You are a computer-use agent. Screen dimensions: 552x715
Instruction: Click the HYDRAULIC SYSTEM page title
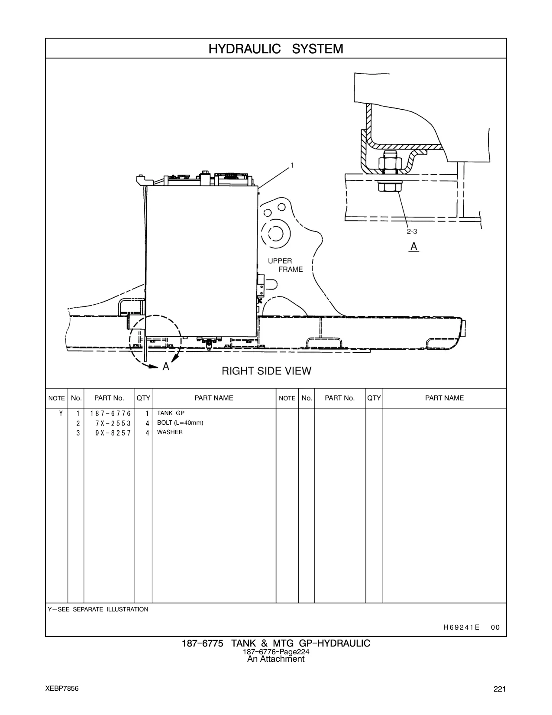[x=276, y=49]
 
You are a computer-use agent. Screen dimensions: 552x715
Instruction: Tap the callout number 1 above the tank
[x=292, y=165]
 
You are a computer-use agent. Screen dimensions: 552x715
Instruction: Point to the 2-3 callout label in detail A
[x=412, y=232]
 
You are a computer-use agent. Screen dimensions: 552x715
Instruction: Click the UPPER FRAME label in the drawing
[x=285, y=265]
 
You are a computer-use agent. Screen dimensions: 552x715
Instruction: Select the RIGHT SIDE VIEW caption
[x=266, y=371]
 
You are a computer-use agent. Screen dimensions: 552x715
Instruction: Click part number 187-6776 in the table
[x=110, y=413]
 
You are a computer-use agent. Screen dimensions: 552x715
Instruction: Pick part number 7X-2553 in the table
[x=113, y=423]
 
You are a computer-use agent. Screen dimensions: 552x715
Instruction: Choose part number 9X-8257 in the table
[x=113, y=433]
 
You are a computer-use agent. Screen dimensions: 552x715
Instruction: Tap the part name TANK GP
[x=171, y=413]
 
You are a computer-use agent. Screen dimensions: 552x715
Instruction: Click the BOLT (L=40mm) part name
[x=180, y=422]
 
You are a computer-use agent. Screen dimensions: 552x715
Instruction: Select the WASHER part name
[x=170, y=432]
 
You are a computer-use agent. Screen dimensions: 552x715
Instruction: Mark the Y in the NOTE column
[x=61, y=413]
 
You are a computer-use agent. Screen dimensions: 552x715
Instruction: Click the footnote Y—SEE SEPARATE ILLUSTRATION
[x=98, y=609]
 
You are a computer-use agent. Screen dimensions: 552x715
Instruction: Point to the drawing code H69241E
[x=461, y=627]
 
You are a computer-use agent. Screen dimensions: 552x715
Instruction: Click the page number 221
[x=500, y=689]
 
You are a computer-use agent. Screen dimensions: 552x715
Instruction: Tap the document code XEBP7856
[x=62, y=688]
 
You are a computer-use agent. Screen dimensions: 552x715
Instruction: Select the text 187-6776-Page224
[x=276, y=652]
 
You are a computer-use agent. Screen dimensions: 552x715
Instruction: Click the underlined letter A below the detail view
[x=413, y=247]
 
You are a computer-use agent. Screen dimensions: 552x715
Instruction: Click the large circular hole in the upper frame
[x=276, y=233]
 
